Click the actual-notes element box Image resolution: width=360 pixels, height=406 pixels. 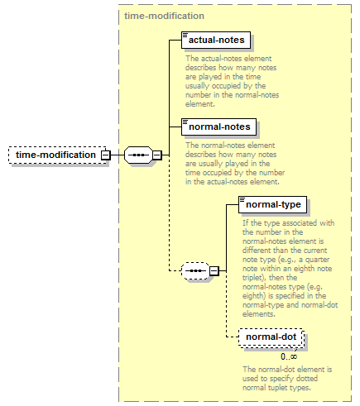click(x=216, y=41)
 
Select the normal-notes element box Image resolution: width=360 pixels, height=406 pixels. click(x=218, y=127)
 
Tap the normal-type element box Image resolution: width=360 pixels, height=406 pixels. click(x=272, y=204)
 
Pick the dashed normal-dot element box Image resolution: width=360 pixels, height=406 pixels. click(x=271, y=337)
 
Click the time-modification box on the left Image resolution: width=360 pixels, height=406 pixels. click(x=57, y=155)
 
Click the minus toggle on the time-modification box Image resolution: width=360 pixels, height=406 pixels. click(x=105, y=155)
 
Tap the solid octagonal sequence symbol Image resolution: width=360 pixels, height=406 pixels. click(x=138, y=155)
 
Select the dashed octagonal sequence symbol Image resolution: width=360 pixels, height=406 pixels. click(x=195, y=271)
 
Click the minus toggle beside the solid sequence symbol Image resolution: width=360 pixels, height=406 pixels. click(x=157, y=155)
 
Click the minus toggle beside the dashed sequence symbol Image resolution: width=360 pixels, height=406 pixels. click(x=214, y=271)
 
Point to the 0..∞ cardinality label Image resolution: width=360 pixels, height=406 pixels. click(x=289, y=356)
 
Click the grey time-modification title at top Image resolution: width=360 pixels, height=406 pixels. click(x=164, y=16)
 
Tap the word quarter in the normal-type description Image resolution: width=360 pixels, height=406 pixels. click(x=317, y=260)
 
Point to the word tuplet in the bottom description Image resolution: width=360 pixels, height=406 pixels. click(x=269, y=388)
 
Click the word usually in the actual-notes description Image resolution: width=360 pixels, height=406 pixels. click(x=198, y=86)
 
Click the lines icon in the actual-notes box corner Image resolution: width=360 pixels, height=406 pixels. click(x=185, y=35)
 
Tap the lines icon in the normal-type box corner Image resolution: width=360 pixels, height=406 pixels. click(x=242, y=199)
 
